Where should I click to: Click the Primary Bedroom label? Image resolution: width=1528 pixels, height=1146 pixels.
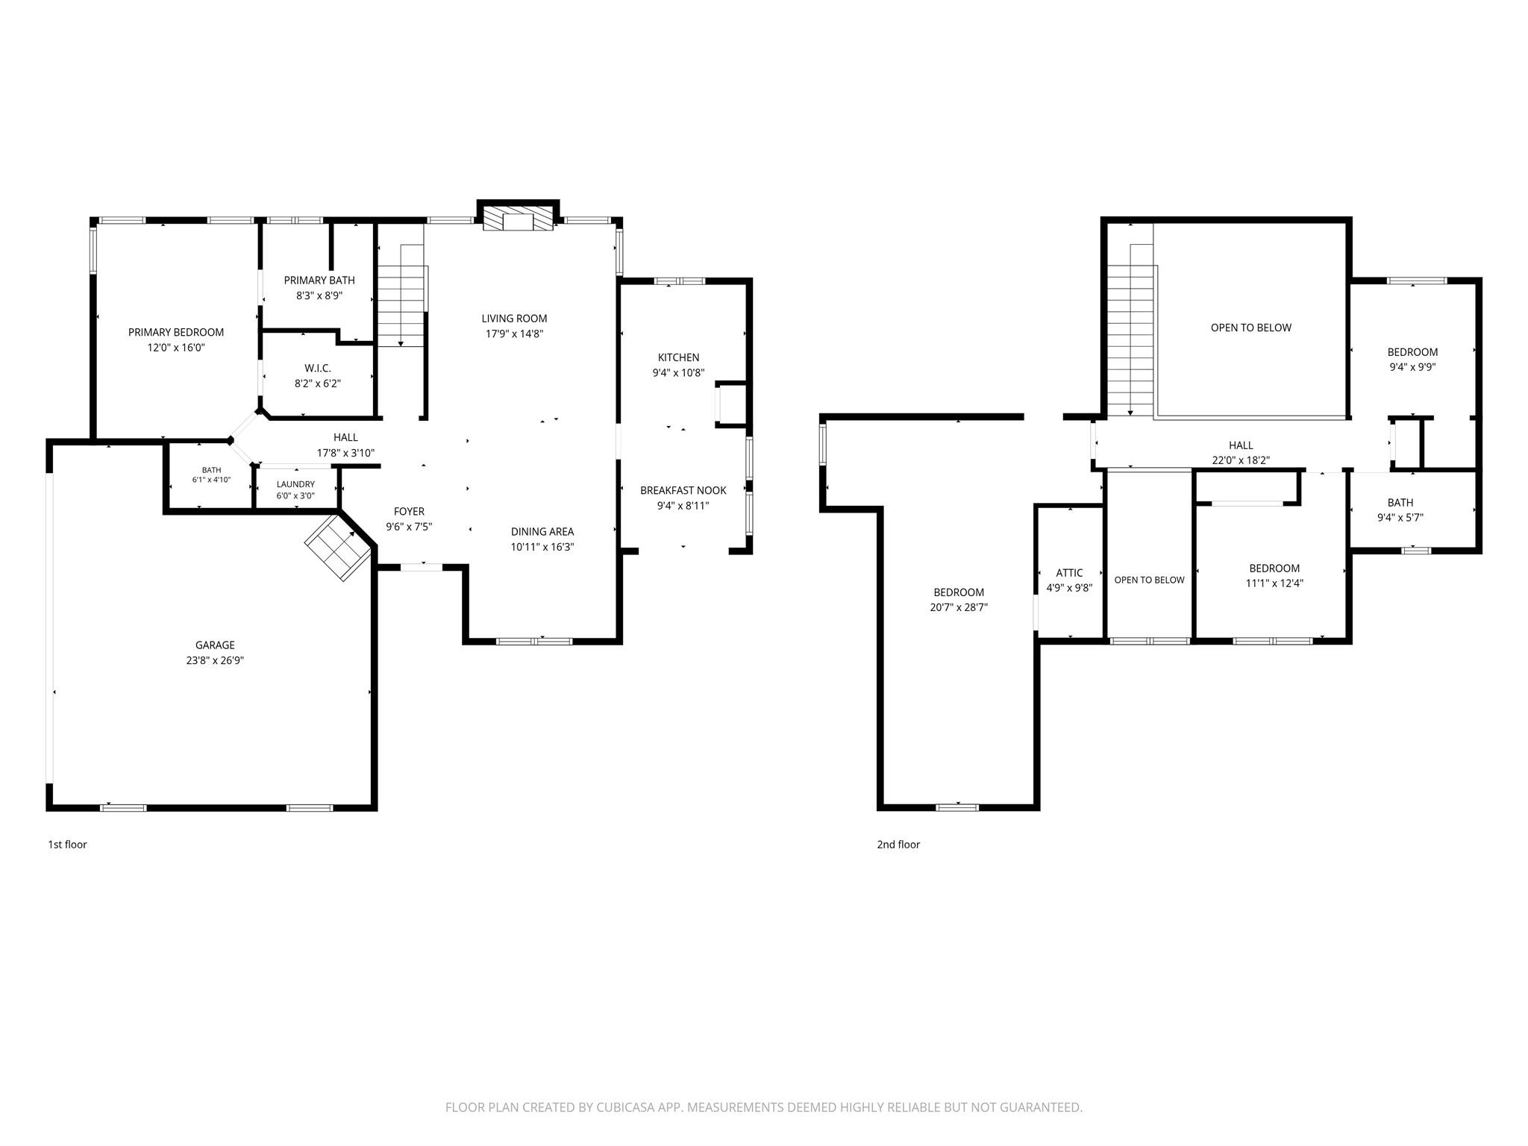[x=176, y=332]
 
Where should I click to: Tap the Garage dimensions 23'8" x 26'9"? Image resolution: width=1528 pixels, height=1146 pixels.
[x=215, y=660]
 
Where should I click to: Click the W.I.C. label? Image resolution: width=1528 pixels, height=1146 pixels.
[x=318, y=369]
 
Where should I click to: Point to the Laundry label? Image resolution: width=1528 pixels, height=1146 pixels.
[x=295, y=484]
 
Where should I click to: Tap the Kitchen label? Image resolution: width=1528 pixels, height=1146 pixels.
[x=678, y=357]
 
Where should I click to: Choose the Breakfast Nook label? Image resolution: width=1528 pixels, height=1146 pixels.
[x=683, y=490]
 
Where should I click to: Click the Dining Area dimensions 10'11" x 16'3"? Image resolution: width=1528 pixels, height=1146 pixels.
[x=542, y=547]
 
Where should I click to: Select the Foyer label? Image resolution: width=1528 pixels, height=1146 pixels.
[x=409, y=511]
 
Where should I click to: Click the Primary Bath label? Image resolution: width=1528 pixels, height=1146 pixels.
[x=319, y=281]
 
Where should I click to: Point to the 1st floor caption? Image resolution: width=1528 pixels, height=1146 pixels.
[x=68, y=845]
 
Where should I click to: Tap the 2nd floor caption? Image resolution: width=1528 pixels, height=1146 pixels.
[x=898, y=845]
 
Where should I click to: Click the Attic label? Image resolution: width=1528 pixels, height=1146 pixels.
[x=1069, y=573]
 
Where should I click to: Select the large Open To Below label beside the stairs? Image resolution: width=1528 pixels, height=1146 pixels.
[x=1251, y=328]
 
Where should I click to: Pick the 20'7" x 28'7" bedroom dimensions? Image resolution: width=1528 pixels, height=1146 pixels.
[x=959, y=607]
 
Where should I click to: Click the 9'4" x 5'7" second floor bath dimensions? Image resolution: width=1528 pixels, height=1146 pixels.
[x=1400, y=518]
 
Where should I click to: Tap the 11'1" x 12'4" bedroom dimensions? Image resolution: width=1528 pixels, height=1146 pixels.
[x=1274, y=583]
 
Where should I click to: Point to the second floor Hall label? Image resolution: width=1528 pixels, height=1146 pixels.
[x=1241, y=445]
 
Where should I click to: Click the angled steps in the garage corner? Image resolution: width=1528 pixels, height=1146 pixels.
[x=339, y=545]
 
